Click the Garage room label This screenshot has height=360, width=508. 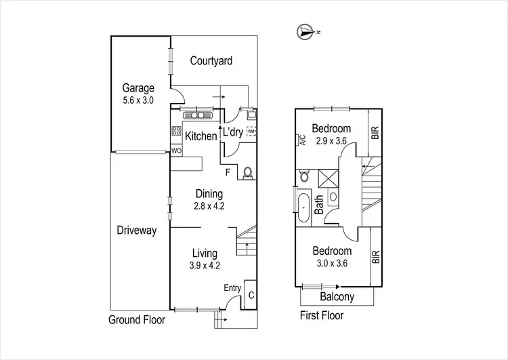[x=138, y=88]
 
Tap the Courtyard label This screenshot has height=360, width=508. [x=211, y=61]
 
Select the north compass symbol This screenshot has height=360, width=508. [x=305, y=31]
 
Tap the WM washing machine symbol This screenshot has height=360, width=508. [x=252, y=132]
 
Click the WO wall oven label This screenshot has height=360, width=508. [x=176, y=151]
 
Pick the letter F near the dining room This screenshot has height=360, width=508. [x=228, y=172]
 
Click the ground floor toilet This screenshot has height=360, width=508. [x=247, y=174]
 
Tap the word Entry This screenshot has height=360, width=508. [x=232, y=288]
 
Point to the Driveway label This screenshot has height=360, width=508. [x=136, y=231]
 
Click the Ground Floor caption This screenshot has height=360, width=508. [x=137, y=319]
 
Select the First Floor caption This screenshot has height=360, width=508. [x=322, y=315]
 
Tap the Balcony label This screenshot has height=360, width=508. [x=337, y=297]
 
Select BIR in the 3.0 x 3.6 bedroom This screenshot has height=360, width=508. [x=376, y=257]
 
